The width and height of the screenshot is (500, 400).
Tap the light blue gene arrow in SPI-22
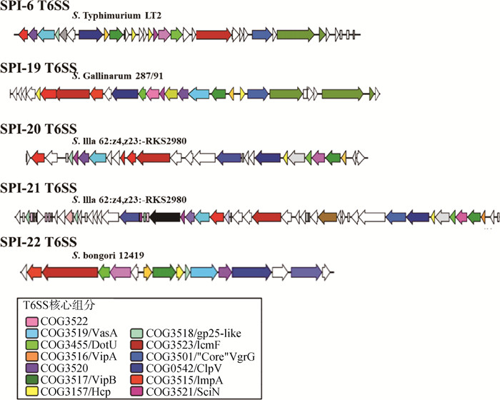pyautogui.click(x=204, y=272)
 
